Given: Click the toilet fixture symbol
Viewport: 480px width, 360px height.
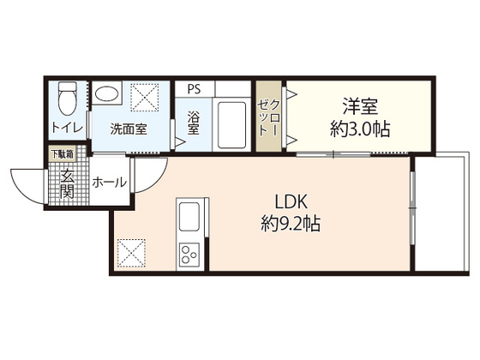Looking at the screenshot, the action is (68, 98).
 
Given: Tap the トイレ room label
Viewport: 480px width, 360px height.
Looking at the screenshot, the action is (68, 128).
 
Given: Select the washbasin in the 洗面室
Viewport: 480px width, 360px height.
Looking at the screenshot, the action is (106, 93).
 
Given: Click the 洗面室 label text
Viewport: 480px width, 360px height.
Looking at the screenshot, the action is (129, 129).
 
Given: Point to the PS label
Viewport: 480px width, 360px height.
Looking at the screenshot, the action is (194, 89).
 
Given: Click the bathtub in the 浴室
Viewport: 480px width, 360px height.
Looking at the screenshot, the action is (231, 124).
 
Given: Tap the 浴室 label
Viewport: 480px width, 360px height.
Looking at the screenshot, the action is (194, 123).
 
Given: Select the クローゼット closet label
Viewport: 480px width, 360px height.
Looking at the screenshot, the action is (268, 117).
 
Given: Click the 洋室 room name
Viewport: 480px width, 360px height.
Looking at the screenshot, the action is (360, 106).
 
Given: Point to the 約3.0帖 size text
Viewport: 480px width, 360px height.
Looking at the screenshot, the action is (360, 129).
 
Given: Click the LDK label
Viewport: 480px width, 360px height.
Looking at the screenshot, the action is (291, 202).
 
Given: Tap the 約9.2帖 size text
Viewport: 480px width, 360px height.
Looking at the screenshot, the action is (291, 224).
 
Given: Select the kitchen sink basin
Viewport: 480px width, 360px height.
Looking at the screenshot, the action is (189, 217).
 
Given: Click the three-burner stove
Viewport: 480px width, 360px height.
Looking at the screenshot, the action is (189, 255).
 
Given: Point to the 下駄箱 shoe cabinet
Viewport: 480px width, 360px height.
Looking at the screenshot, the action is (63, 154).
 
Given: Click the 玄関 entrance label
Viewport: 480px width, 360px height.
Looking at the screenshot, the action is (67, 183).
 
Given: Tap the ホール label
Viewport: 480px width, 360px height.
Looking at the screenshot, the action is (110, 183).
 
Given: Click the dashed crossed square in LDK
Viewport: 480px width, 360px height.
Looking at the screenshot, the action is (131, 253).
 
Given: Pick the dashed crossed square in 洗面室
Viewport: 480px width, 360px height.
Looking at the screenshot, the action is (145, 98).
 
